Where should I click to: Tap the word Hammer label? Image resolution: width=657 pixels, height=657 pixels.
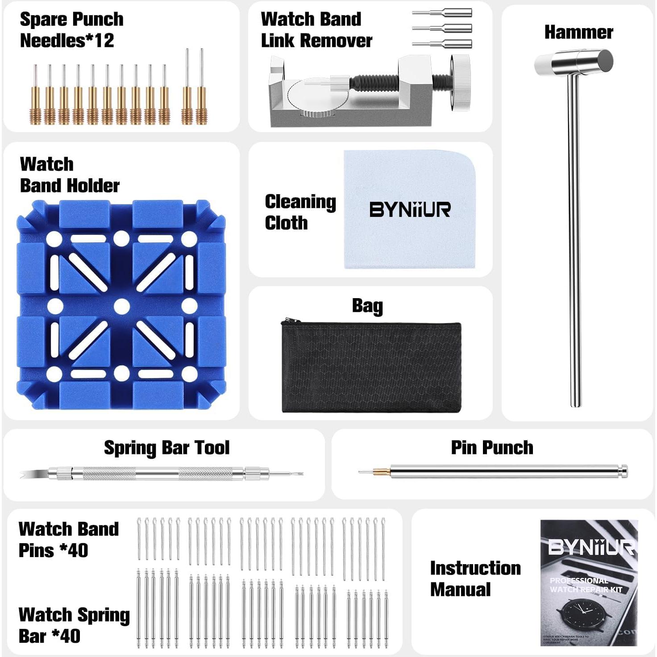(x=578, y=32)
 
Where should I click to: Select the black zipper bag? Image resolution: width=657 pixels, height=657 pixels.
(x=371, y=367)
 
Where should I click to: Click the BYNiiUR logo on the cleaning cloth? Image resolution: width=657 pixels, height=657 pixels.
(x=410, y=209)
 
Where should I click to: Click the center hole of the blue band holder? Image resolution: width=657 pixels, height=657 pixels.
(x=121, y=306)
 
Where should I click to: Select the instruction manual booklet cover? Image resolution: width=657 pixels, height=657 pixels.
(x=588, y=582)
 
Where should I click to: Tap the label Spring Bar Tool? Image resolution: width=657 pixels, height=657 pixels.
(x=166, y=448)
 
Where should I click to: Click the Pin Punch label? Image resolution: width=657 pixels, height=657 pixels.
(x=492, y=447)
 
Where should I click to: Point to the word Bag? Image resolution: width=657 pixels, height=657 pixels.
(x=367, y=306)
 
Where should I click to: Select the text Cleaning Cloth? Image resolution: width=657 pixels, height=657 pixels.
(x=300, y=212)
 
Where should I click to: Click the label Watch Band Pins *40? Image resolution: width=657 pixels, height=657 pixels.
(x=69, y=539)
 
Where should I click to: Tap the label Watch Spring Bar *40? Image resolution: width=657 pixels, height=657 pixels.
(x=74, y=625)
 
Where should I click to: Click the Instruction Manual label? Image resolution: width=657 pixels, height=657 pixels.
(x=475, y=578)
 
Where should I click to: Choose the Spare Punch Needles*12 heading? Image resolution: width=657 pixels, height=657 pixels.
(x=71, y=30)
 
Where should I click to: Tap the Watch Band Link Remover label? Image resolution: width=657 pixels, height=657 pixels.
(x=316, y=30)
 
